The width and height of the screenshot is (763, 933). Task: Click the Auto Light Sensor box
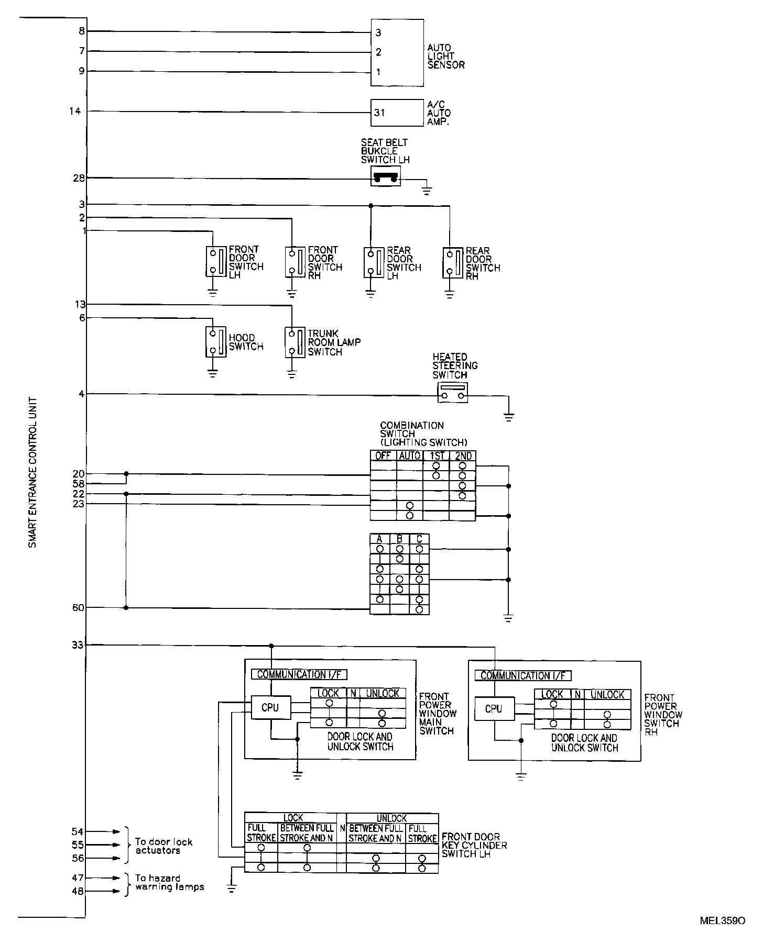(397, 52)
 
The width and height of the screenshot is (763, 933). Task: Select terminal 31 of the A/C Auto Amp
(379, 113)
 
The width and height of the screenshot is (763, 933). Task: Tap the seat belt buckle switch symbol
(385, 176)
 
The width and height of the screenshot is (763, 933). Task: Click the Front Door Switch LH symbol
(215, 261)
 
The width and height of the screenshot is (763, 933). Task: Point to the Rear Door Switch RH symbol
(452, 262)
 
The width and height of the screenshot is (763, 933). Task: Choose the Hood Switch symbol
(215, 342)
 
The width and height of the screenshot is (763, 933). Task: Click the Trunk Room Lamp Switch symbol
(295, 342)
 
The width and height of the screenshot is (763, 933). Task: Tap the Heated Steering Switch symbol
(452, 392)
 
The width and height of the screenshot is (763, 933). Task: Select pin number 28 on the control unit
(79, 178)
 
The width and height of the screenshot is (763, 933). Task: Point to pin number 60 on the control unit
(78, 608)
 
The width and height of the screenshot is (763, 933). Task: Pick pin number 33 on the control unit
(77, 645)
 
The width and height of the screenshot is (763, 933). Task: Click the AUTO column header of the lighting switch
(409, 456)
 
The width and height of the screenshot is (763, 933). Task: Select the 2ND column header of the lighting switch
(463, 456)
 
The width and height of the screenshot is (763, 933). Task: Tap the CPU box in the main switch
(270, 707)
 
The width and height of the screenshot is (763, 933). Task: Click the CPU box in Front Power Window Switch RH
(494, 709)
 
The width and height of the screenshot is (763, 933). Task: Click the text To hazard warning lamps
(169, 882)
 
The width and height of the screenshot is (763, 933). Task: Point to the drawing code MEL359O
(722, 920)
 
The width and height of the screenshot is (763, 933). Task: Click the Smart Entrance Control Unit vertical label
(32, 471)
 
